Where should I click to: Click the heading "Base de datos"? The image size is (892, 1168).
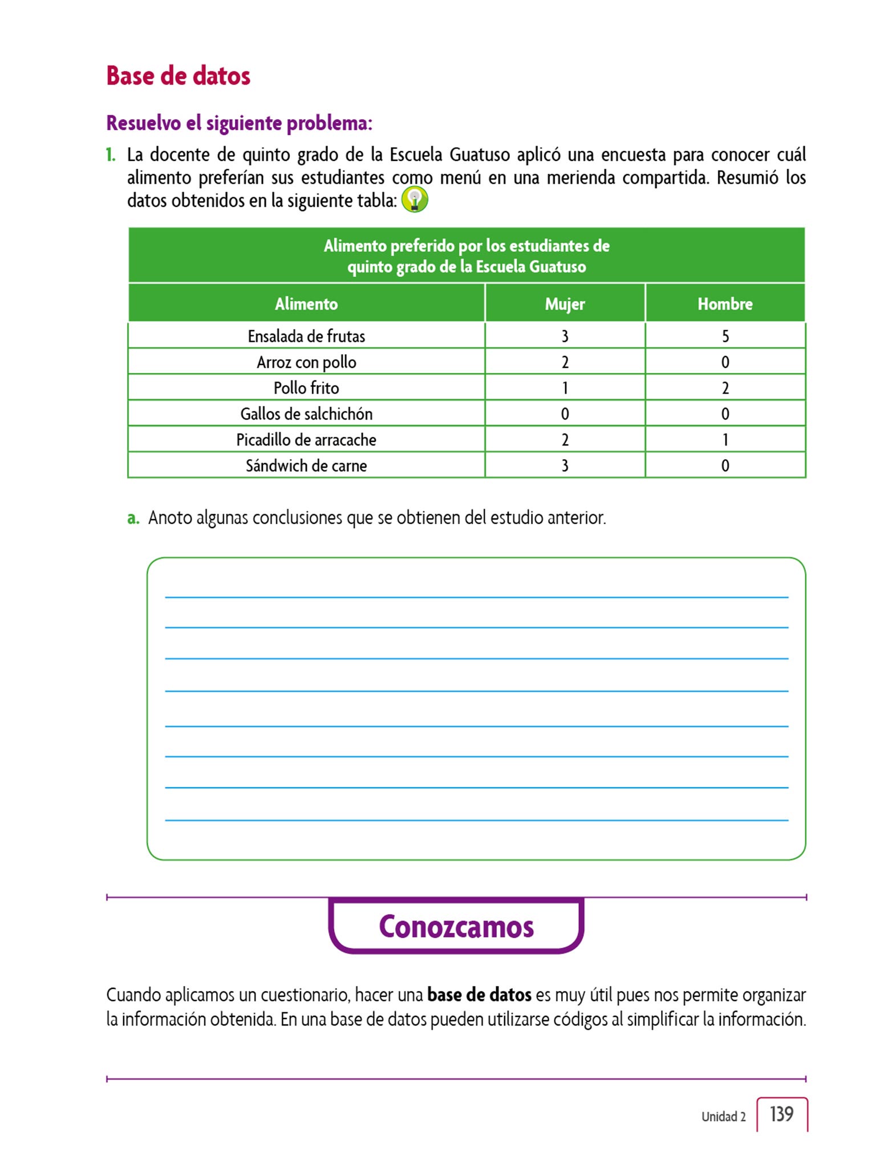[178, 76]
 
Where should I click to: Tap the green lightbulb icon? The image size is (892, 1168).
[415, 200]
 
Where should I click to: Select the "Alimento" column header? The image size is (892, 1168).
[306, 304]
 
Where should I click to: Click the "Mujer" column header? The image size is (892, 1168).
[565, 304]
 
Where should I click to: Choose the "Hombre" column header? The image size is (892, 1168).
[725, 304]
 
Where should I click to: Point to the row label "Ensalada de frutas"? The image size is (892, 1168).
[306, 336]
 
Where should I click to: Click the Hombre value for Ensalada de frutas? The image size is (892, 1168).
[725, 336]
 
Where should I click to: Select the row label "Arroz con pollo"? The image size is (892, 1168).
[306, 362]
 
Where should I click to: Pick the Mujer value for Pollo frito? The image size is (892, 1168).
[565, 388]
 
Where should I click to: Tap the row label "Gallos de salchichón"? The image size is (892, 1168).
[306, 414]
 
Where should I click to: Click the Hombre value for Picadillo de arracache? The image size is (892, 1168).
[725, 440]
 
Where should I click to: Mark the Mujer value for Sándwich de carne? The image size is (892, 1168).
[565, 466]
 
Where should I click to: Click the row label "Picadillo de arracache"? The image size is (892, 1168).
[306, 440]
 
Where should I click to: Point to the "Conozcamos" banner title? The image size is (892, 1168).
[456, 927]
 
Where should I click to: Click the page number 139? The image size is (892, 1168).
[781, 1114]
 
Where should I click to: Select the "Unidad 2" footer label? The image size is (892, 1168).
[723, 1117]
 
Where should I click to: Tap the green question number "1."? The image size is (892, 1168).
[111, 155]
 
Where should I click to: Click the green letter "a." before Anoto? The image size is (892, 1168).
[133, 518]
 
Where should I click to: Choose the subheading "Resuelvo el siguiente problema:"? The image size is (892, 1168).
[239, 123]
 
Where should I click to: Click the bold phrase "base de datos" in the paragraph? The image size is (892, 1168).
[479, 995]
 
